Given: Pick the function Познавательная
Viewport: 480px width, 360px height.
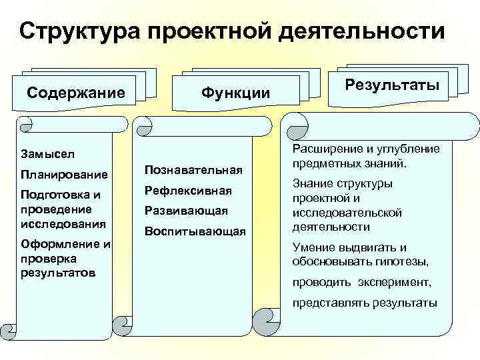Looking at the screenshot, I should click(x=191, y=170).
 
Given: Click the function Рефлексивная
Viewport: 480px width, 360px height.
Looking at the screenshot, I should click(x=188, y=191).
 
